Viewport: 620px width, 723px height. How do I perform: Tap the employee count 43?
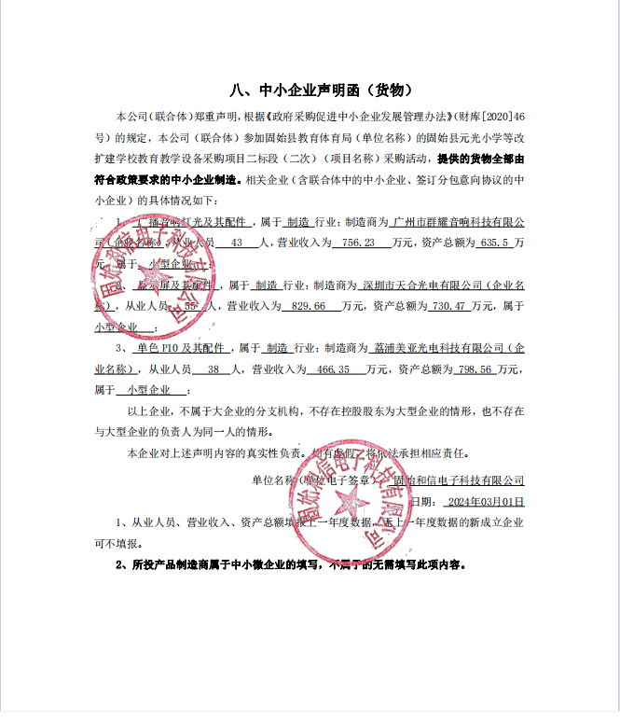(x=236, y=243)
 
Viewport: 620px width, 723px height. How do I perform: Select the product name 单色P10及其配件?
(x=181, y=347)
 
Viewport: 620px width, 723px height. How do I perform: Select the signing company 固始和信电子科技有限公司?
(x=459, y=480)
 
